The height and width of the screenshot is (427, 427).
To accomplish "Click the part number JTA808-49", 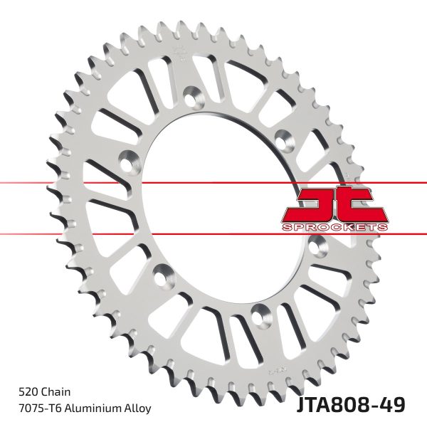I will click(349, 404).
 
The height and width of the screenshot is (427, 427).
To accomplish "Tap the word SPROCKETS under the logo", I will click(334, 226).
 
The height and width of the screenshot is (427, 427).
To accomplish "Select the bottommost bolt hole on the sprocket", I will click(258, 312).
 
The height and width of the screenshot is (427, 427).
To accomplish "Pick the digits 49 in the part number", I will click(396, 404).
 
